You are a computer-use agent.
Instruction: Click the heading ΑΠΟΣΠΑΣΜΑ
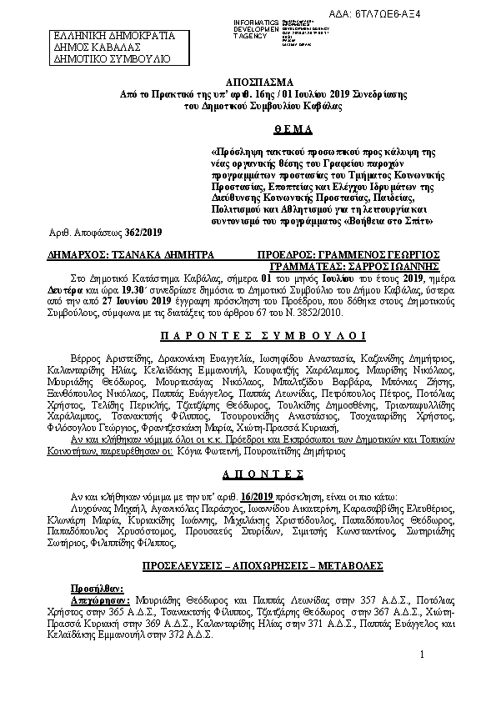coord(248,84)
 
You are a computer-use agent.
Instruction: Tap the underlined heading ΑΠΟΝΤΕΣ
coord(248,472)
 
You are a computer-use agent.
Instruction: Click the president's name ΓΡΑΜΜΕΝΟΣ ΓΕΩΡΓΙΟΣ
coord(393,254)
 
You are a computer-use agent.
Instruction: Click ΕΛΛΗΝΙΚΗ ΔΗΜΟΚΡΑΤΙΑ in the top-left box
coord(114,37)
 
